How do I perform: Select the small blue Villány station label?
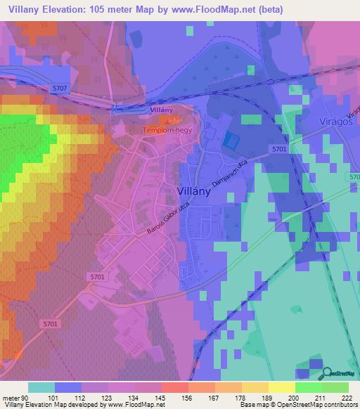160,110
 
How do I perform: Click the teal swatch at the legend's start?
41,387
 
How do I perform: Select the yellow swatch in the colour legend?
281,387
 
